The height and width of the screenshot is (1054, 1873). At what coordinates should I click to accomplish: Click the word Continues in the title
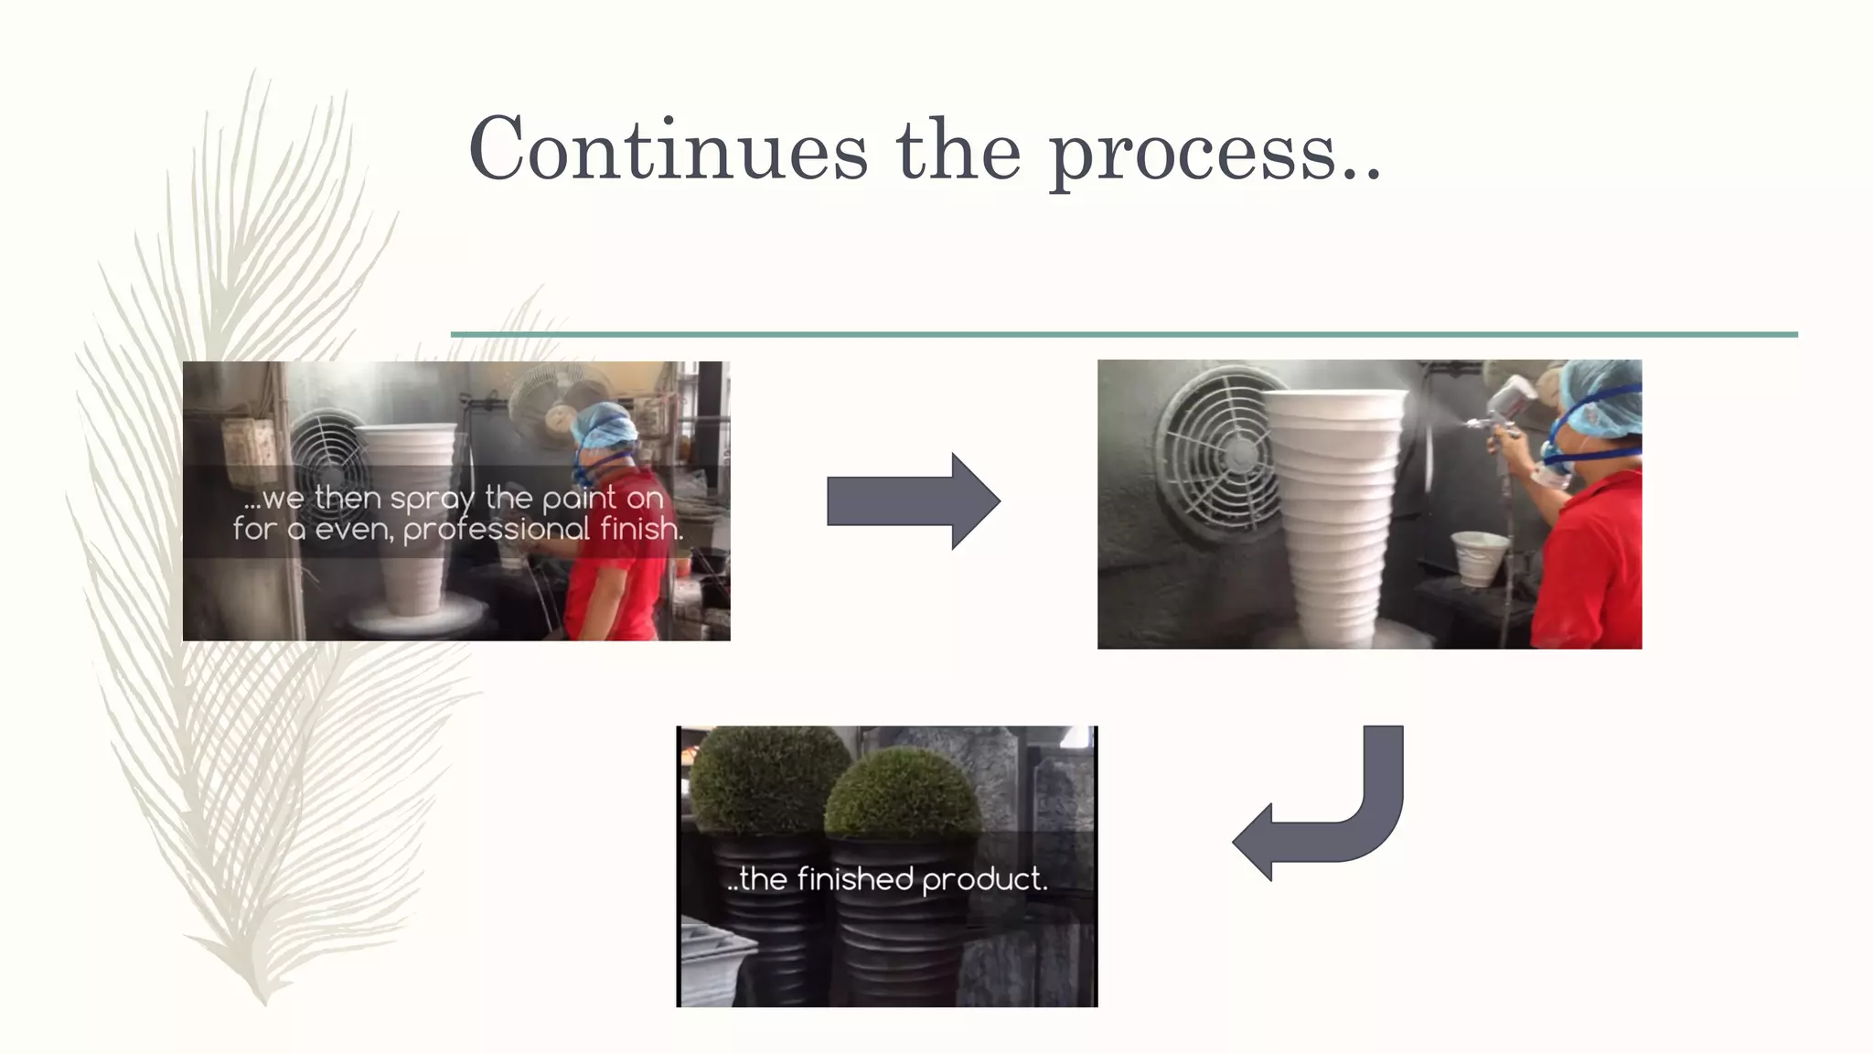(x=668, y=150)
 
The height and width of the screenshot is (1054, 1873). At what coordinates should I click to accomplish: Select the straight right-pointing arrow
(x=913, y=501)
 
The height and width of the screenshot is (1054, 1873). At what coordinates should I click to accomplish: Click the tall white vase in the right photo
(x=1335, y=512)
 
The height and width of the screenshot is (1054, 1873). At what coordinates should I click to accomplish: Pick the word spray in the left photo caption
(x=433, y=500)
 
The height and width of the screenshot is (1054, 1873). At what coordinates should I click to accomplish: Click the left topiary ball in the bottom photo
(x=764, y=778)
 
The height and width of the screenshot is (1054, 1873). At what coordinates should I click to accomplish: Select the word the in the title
(x=958, y=150)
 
